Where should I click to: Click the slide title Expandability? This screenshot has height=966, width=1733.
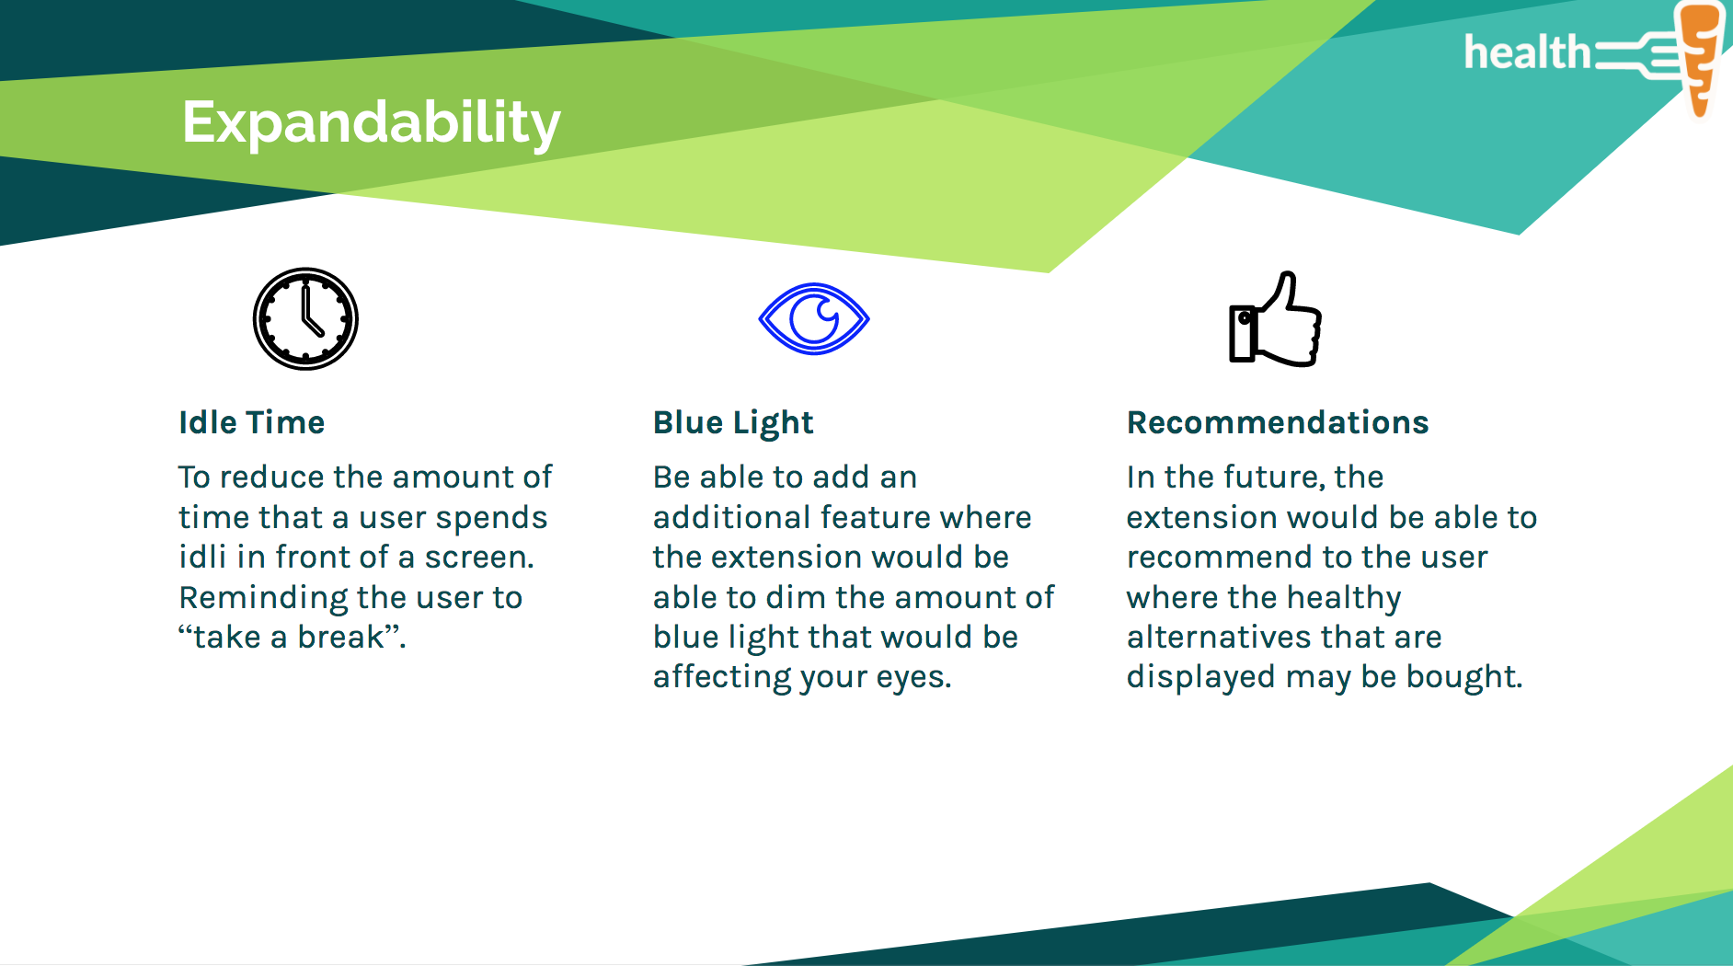coord(371,123)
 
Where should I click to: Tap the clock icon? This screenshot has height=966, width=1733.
coord(305,319)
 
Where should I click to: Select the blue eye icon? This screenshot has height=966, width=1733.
coord(814,318)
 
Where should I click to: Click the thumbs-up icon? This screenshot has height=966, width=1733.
coord(1275,319)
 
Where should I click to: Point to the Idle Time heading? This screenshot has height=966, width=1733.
coord(251,422)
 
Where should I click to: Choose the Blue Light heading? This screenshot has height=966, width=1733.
coord(733,423)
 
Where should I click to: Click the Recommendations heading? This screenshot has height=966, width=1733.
coord(1278,422)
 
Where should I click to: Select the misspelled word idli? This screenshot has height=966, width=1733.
coord(202,557)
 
